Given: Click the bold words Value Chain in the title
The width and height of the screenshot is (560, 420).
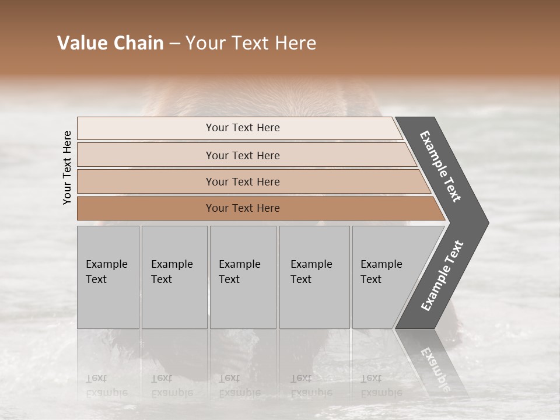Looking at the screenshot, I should click(110, 43).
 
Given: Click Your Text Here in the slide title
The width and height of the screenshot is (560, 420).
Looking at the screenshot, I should click(251, 43).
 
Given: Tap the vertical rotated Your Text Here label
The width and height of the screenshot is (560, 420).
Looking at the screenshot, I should click(67, 167).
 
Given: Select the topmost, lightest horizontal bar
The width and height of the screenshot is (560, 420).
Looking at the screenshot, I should click(243, 128).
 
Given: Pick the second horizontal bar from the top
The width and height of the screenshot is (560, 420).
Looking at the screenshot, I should click(243, 155).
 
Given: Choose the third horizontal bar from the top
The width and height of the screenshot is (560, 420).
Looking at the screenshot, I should click(243, 181).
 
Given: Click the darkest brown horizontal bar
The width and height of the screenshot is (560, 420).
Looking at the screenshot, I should click(243, 208).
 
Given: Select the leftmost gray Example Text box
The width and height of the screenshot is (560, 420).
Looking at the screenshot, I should click(108, 277).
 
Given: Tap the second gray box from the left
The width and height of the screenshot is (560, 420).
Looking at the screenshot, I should click(174, 277).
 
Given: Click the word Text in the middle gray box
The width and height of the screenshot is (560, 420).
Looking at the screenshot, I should click(229, 279).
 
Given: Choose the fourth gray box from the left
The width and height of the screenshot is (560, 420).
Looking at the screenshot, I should click(314, 277).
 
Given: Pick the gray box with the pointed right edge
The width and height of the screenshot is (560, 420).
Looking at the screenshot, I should click(391, 277).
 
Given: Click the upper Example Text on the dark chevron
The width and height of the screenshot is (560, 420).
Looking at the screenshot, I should click(440, 166).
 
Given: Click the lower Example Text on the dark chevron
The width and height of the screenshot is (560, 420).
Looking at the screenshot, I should click(442, 276).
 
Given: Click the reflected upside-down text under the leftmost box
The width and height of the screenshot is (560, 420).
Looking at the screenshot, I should click(106, 385).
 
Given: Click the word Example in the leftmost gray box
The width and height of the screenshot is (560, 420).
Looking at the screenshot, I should click(106, 264).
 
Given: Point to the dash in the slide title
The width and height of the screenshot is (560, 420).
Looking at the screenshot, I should click(174, 44).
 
